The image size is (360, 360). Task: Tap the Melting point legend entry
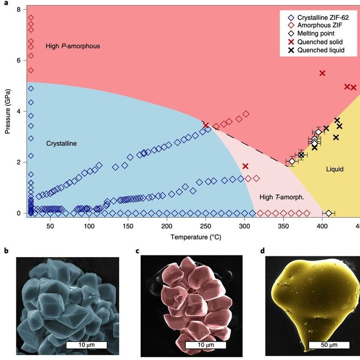[x=313, y=34]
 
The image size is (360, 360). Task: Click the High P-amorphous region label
[x=73, y=46]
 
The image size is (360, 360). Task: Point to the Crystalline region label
[x=61, y=144]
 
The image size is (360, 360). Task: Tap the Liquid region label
[x=335, y=169]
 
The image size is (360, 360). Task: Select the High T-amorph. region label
[x=281, y=198]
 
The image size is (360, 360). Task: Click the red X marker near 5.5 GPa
[x=322, y=73]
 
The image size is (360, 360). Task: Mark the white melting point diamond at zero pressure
[x=328, y=213]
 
